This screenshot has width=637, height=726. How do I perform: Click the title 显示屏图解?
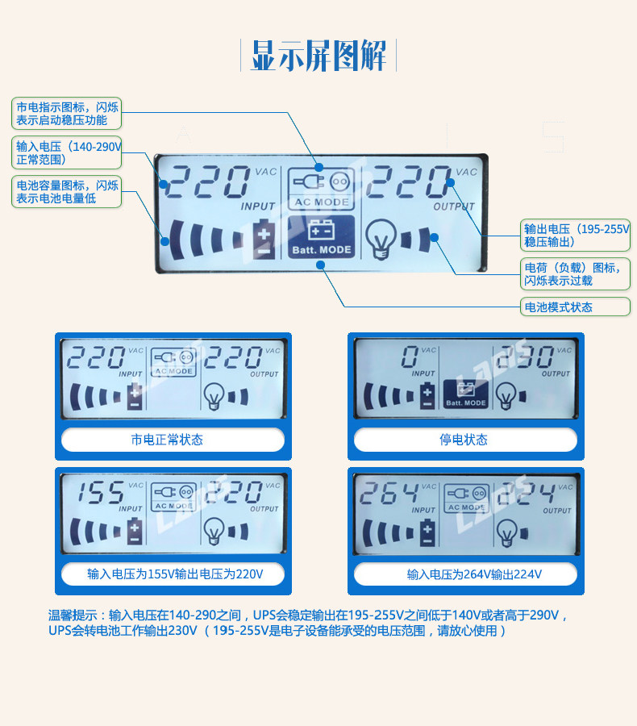click(318, 56)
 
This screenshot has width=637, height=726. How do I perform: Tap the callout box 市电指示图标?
click(66, 114)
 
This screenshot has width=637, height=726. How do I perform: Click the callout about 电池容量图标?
click(66, 191)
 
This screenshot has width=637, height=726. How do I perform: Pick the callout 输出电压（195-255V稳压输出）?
click(576, 236)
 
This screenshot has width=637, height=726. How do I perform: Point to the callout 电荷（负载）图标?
click(576, 274)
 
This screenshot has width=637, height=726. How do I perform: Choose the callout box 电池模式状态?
click(576, 307)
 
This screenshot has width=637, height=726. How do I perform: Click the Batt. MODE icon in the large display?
click(322, 237)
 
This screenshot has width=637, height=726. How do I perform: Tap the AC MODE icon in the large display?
click(322, 188)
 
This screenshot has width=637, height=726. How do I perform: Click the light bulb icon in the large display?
click(382, 237)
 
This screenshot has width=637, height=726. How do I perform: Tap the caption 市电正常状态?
click(173, 440)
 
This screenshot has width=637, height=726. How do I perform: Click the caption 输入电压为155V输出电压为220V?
click(173, 574)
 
